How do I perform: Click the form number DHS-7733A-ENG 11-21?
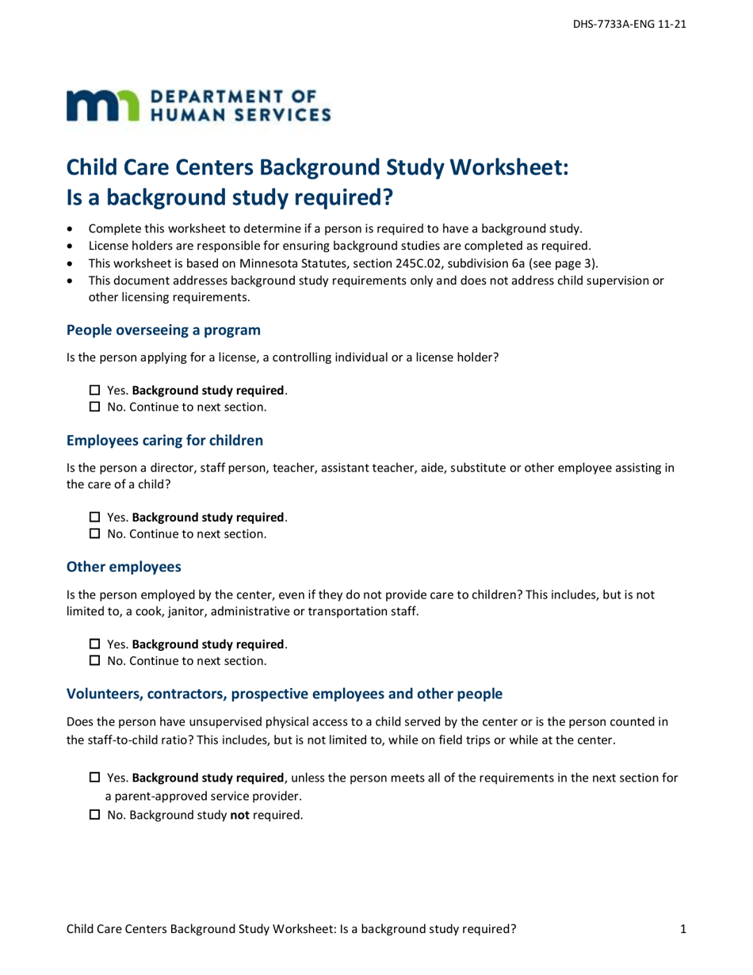[629, 25]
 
